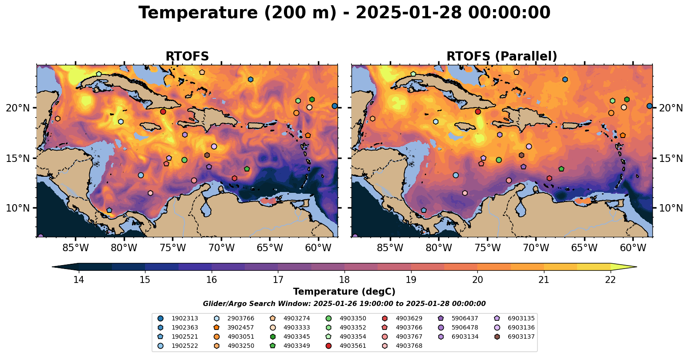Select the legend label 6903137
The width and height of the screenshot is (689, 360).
(521, 336)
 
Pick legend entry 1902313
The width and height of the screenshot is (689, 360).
(185, 318)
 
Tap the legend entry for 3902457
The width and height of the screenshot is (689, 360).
(240, 327)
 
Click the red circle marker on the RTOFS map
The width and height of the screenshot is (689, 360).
(163, 111)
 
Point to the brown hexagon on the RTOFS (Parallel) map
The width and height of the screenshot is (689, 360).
(522, 155)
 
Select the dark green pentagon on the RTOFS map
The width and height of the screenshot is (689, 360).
(247, 169)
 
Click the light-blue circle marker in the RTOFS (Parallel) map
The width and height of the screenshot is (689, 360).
(456, 175)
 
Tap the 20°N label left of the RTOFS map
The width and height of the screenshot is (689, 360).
(18, 108)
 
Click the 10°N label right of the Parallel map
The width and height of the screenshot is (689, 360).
(671, 208)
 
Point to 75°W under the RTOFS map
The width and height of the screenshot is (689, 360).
(172, 248)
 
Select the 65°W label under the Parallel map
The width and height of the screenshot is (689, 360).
(584, 248)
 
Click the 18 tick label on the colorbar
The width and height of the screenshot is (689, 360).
(344, 279)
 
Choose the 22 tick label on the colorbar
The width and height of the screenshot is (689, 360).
(610, 279)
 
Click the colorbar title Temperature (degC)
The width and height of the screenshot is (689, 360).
(344, 292)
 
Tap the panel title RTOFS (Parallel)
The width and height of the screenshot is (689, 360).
(502, 56)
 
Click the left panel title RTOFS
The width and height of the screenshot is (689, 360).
(187, 56)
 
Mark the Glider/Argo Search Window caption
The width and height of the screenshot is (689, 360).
(344, 304)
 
